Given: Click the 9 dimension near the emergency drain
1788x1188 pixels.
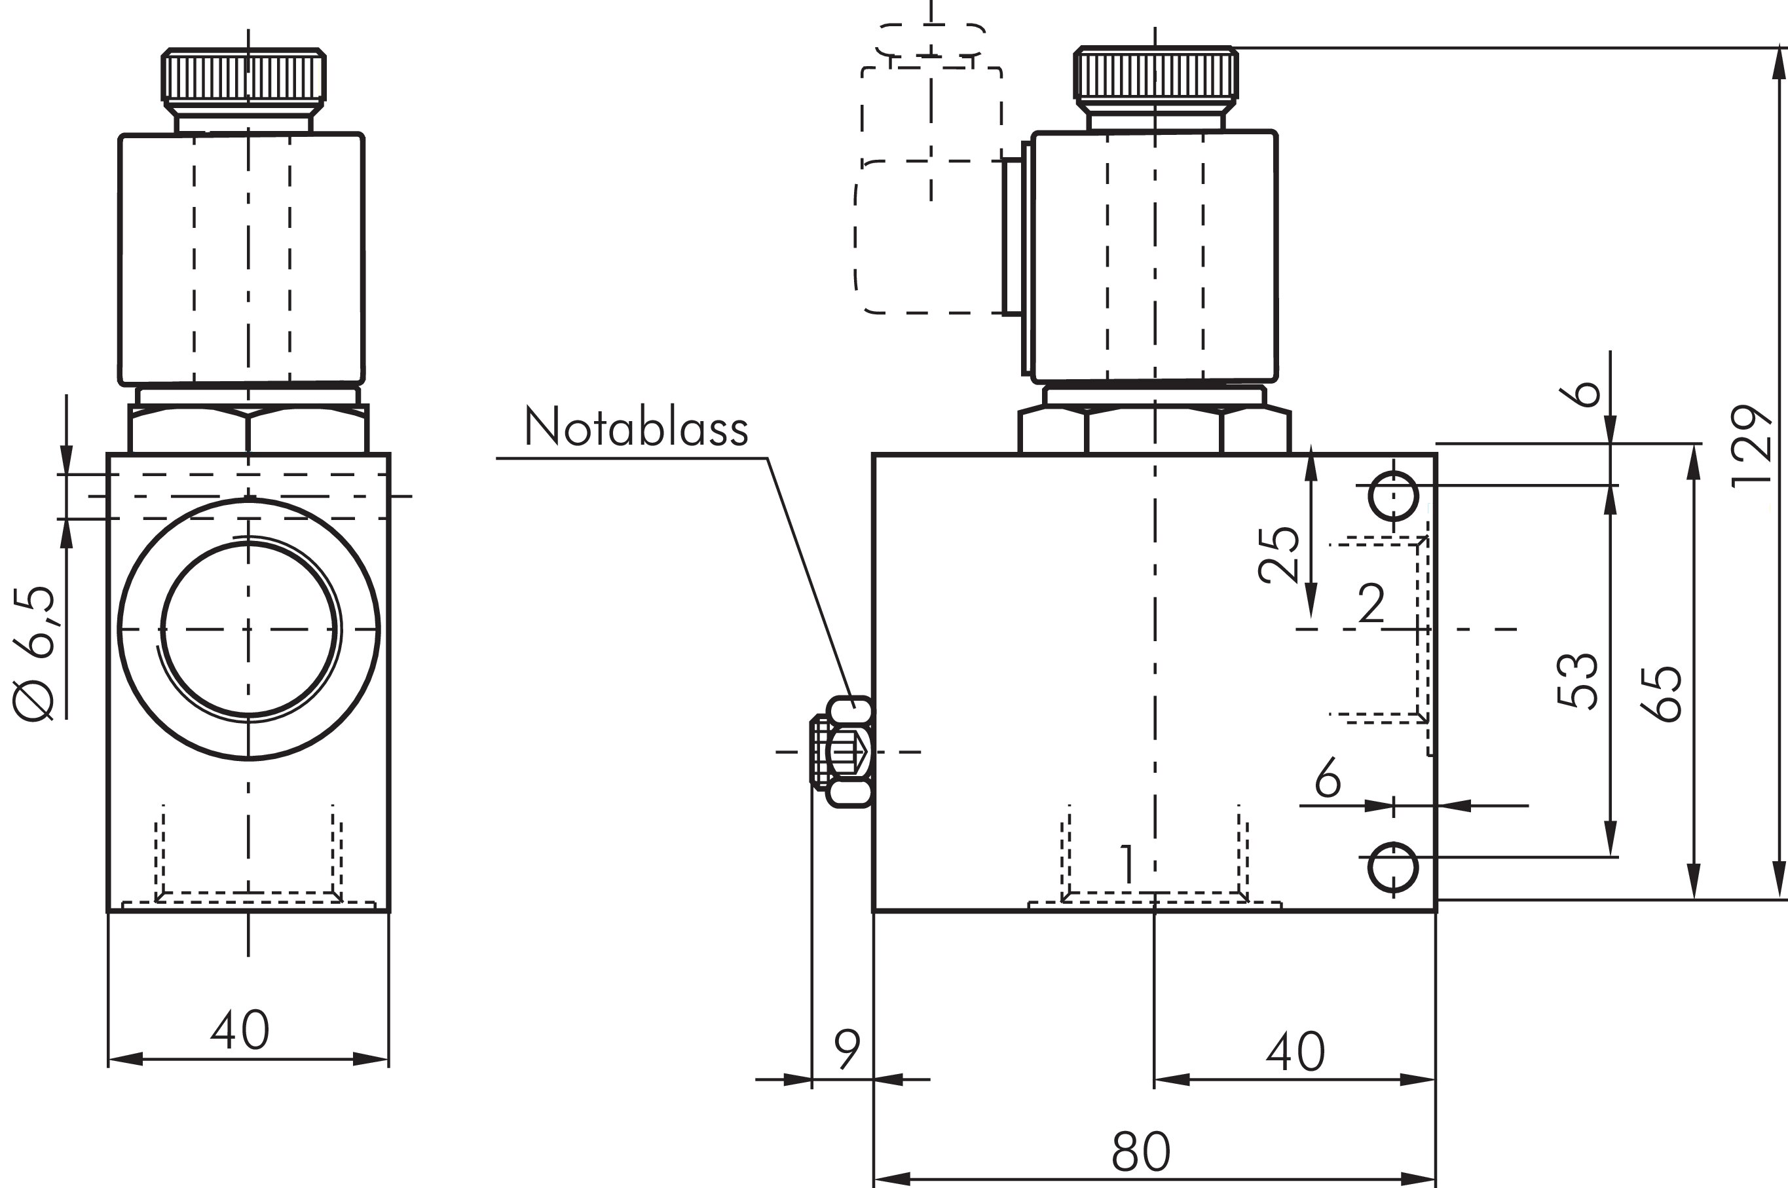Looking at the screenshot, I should coord(847,1049).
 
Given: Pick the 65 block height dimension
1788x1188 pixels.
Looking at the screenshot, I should coord(1661,694).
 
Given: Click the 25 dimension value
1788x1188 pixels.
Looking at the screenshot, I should coord(1279,555).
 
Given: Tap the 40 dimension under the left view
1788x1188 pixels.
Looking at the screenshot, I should coord(240,1030).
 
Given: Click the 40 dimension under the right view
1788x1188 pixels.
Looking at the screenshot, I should coord(1295,1052).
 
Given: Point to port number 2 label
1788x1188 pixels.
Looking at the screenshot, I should coord(1371,604).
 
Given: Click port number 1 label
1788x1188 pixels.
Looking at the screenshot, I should coord(1128,864).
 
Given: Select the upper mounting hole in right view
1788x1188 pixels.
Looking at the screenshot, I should coord(1392,496).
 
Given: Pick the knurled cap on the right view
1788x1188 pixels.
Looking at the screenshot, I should coord(1155,73).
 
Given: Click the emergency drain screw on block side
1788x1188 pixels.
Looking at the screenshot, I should coord(842,752).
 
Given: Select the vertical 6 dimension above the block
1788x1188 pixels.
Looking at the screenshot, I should coord(1580,394).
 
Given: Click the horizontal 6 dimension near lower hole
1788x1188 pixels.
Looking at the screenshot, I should coord(1328,778).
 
